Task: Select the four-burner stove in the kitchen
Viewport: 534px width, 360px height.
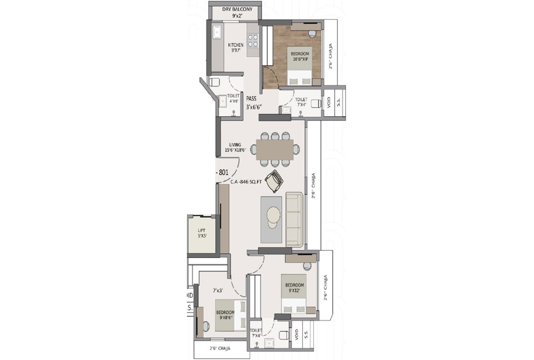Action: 253,40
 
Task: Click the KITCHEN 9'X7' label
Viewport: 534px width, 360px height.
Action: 235,48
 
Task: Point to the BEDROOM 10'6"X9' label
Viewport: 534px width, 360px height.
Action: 300,56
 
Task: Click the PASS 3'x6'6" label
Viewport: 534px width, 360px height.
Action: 254,103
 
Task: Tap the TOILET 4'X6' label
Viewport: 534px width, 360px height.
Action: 233,98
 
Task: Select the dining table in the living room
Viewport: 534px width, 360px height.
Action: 275,149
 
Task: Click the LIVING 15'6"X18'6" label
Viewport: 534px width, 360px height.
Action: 235,147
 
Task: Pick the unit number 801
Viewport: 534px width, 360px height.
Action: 223,172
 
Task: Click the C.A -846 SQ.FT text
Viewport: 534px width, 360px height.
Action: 246,182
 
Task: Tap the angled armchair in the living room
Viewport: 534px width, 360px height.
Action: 275,181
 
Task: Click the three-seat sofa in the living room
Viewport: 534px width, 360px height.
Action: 294,219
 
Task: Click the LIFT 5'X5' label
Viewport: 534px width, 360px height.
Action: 201,233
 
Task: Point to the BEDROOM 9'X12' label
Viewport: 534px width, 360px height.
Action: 294,288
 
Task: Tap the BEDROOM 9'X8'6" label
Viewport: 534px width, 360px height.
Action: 225,315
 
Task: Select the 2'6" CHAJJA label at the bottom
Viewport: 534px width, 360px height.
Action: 220,348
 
